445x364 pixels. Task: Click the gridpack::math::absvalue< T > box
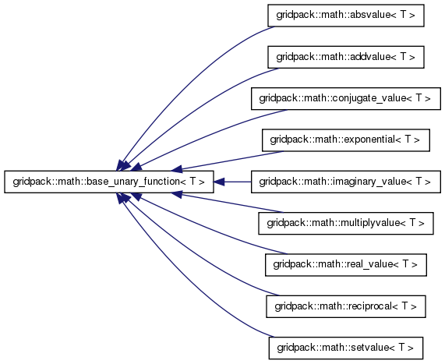pyautogui.click(x=346, y=16)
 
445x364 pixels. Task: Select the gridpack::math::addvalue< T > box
pyautogui.click(x=346, y=57)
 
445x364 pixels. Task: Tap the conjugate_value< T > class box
pyautogui.click(x=346, y=98)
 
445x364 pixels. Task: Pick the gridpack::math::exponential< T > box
pyautogui.click(x=346, y=140)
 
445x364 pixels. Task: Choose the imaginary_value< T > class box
pyautogui.click(x=346, y=182)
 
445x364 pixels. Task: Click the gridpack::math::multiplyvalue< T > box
pyautogui.click(x=346, y=224)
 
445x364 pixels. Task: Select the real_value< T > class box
pyautogui.click(x=346, y=265)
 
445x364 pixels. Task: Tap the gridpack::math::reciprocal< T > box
pyautogui.click(x=346, y=306)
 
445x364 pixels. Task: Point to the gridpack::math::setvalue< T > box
pyautogui.click(x=346, y=348)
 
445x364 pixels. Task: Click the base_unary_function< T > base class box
pyautogui.click(x=108, y=182)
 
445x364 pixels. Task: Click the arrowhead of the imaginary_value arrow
pyautogui.click(x=219, y=182)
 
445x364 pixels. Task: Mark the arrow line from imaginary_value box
pyautogui.click(x=232, y=182)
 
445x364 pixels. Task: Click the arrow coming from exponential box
pyautogui.click(x=227, y=161)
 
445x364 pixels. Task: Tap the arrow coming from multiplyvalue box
pyautogui.click(x=227, y=203)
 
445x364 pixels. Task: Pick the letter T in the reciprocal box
pyautogui.click(x=405, y=306)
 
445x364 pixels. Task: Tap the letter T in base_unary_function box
pyautogui.click(x=193, y=181)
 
